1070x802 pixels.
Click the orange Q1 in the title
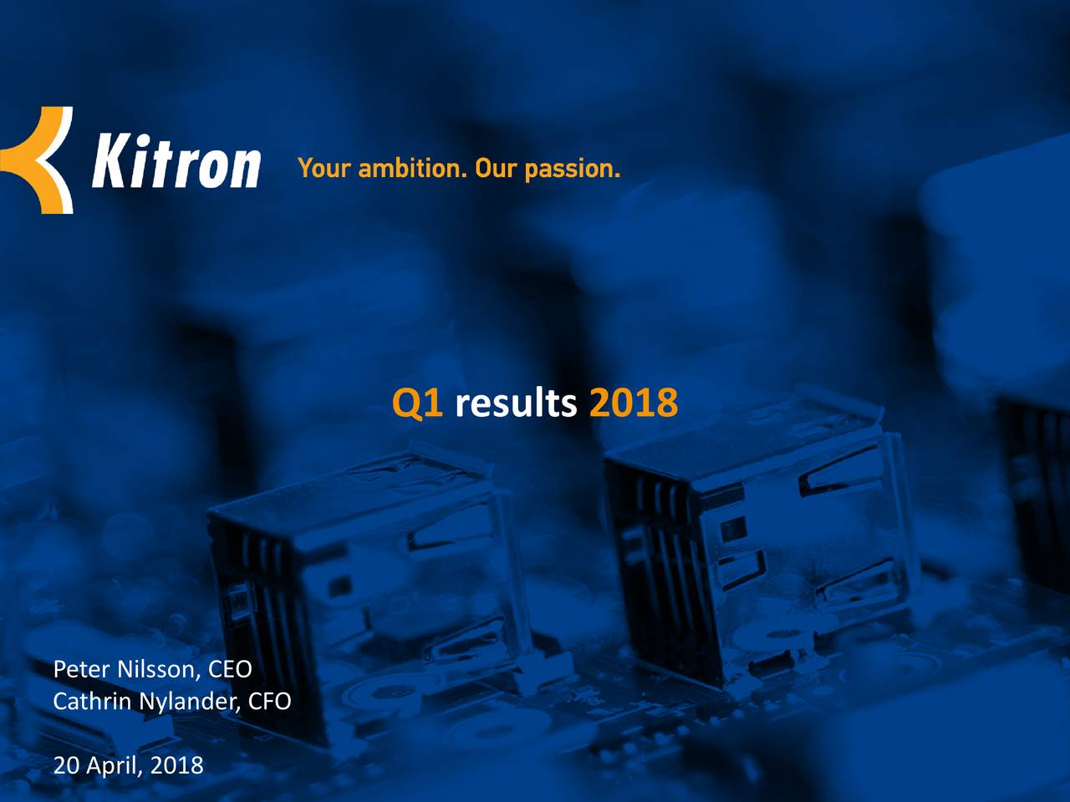[x=417, y=404]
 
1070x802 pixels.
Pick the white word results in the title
[x=516, y=404]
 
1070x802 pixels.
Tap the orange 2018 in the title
[x=633, y=404]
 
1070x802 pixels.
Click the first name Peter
[x=82, y=669]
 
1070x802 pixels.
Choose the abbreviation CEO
[x=229, y=669]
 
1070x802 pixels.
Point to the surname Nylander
[x=190, y=702]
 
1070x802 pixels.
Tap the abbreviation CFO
[x=270, y=701]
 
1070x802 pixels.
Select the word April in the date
[x=114, y=765]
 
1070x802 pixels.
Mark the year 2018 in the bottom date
[x=176, y=764]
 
